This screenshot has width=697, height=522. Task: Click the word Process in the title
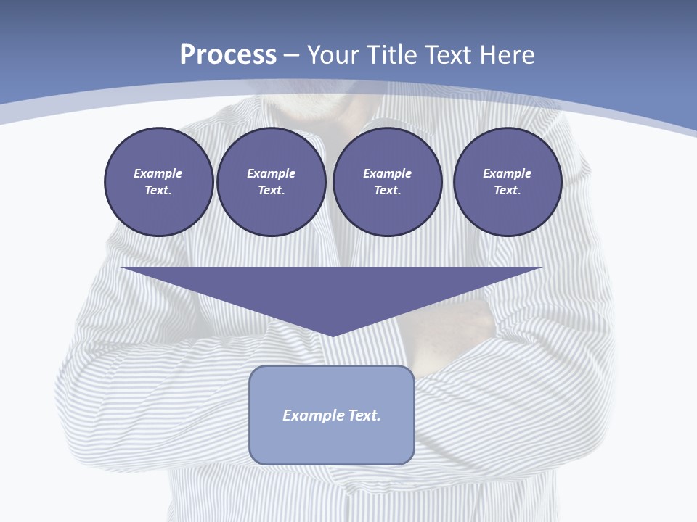pos(228,55)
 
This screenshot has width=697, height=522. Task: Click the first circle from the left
pos(158,182)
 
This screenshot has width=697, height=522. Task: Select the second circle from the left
pos(271,182)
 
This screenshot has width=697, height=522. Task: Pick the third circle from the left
pos(387,182)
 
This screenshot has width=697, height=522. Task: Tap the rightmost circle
pos(508,182)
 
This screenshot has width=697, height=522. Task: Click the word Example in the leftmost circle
pos(158,173)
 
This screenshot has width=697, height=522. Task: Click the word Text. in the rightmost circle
pos(508,191)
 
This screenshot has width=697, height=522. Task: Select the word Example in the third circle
pos(387,173)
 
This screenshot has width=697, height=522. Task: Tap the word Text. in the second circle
pos(271,191)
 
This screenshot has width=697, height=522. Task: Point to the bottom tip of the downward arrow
pos(332,335)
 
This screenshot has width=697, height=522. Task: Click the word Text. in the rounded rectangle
pos(366,415)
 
